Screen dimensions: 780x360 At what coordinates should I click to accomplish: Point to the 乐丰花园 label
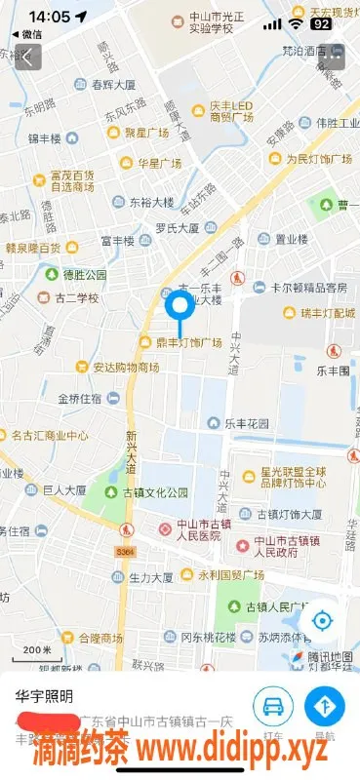[x=246, y=424]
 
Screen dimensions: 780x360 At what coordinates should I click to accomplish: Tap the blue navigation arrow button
[x=325, y=706]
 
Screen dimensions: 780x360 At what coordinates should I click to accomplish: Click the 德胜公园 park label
[x=84, y=275]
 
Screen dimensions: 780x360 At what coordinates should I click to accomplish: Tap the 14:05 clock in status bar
[x=49, y=17]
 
